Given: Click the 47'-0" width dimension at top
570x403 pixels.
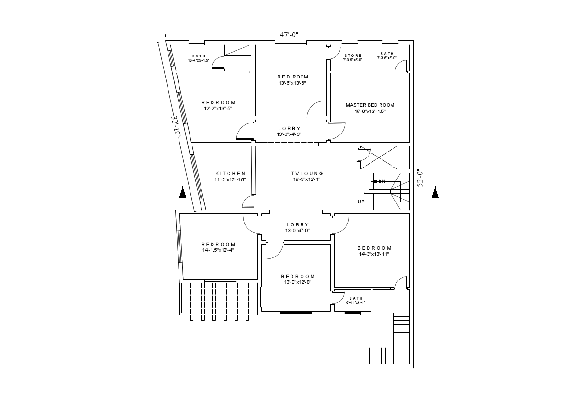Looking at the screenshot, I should pos(289,34).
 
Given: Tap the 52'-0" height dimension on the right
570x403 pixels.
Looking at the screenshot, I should pos(420,178).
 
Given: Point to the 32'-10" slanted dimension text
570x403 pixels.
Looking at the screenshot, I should pos(176,126).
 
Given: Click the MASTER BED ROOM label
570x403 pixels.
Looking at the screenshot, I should pos(370,105).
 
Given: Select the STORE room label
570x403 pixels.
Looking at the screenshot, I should pos(353,56).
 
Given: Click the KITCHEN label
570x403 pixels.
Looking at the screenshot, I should pos(230,174).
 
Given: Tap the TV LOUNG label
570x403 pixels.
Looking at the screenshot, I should pos(307,174).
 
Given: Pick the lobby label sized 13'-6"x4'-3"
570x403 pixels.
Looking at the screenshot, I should pos(289,132).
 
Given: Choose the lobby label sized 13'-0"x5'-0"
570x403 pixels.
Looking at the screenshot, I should pos(297,227).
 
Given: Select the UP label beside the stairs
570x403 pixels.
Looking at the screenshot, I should pos(361,202).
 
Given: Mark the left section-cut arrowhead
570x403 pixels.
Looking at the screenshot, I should pos(182,192).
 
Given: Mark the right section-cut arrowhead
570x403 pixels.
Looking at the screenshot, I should pos(435,192).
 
